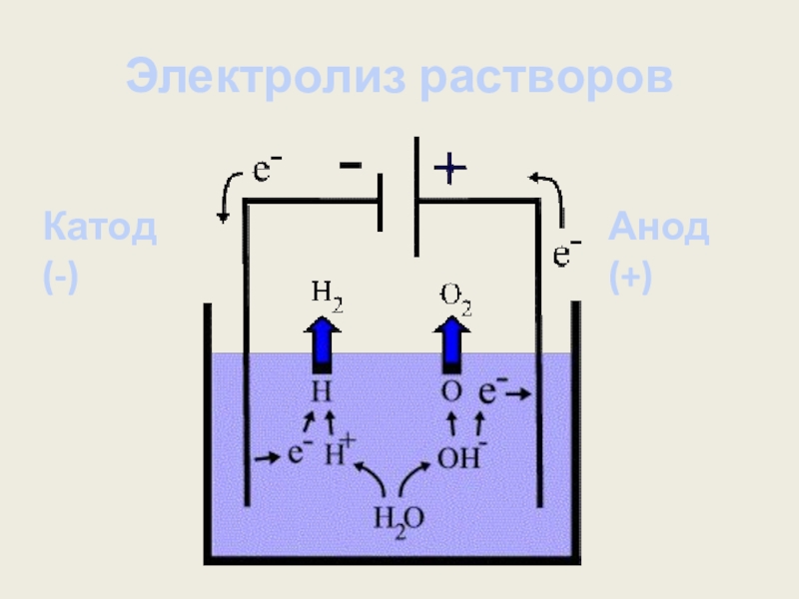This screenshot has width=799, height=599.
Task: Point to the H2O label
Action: coord(399,518)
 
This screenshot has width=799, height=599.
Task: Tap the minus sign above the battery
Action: coord(352,167)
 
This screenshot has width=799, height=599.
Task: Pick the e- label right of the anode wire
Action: coord(568,255)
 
